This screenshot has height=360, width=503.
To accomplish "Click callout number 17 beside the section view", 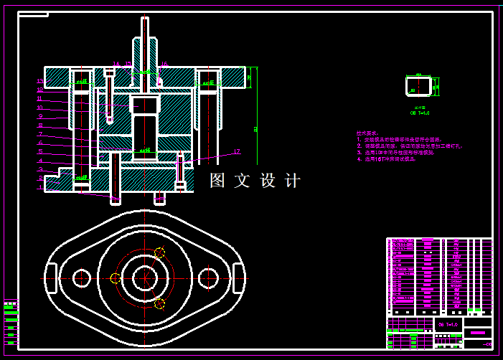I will point(236,151).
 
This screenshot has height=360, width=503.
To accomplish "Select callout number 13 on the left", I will point(40,81).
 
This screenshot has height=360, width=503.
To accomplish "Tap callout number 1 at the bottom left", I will point(40,188).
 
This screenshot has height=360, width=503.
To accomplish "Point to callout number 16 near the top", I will point(164,65).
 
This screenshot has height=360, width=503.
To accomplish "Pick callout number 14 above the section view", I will point(116,65).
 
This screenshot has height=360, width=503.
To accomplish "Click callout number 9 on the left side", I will point(40,116).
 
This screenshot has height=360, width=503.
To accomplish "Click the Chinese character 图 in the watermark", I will point(217,181).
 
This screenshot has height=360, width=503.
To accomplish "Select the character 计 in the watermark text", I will point(293,181).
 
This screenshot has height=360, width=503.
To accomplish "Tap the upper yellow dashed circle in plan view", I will point(159,252).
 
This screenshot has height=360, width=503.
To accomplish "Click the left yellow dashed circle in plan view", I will point(115,278).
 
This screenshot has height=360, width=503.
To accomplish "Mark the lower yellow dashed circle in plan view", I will point(159,304).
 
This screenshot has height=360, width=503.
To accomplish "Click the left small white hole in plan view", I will point(81,278).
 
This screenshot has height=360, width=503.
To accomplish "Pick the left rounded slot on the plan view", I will point(51,278).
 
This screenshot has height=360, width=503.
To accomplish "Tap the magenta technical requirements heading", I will point(367,133).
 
